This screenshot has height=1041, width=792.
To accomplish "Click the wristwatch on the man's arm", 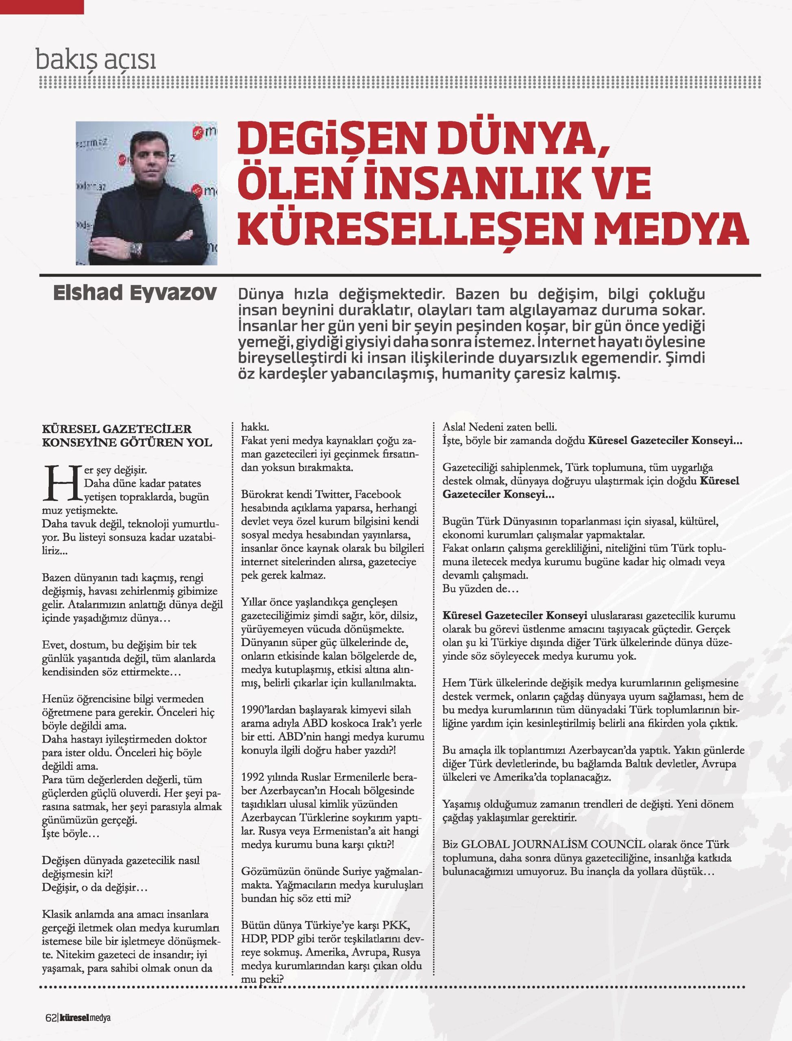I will click(137, 248).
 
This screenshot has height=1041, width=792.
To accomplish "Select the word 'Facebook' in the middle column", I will click(378, 494).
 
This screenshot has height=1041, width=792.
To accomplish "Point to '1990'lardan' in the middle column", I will click(272, 710).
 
